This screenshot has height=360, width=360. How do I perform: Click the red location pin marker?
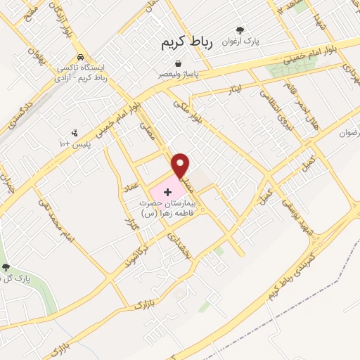click(181, 165)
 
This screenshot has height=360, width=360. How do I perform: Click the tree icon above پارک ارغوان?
click(240, 30)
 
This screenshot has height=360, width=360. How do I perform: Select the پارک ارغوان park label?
click(241, 42)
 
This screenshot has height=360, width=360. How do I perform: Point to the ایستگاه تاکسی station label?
click(84, 72)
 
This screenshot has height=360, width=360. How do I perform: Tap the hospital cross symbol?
click(167, 191)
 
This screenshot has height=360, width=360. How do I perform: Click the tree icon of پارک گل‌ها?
click(6, 266)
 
